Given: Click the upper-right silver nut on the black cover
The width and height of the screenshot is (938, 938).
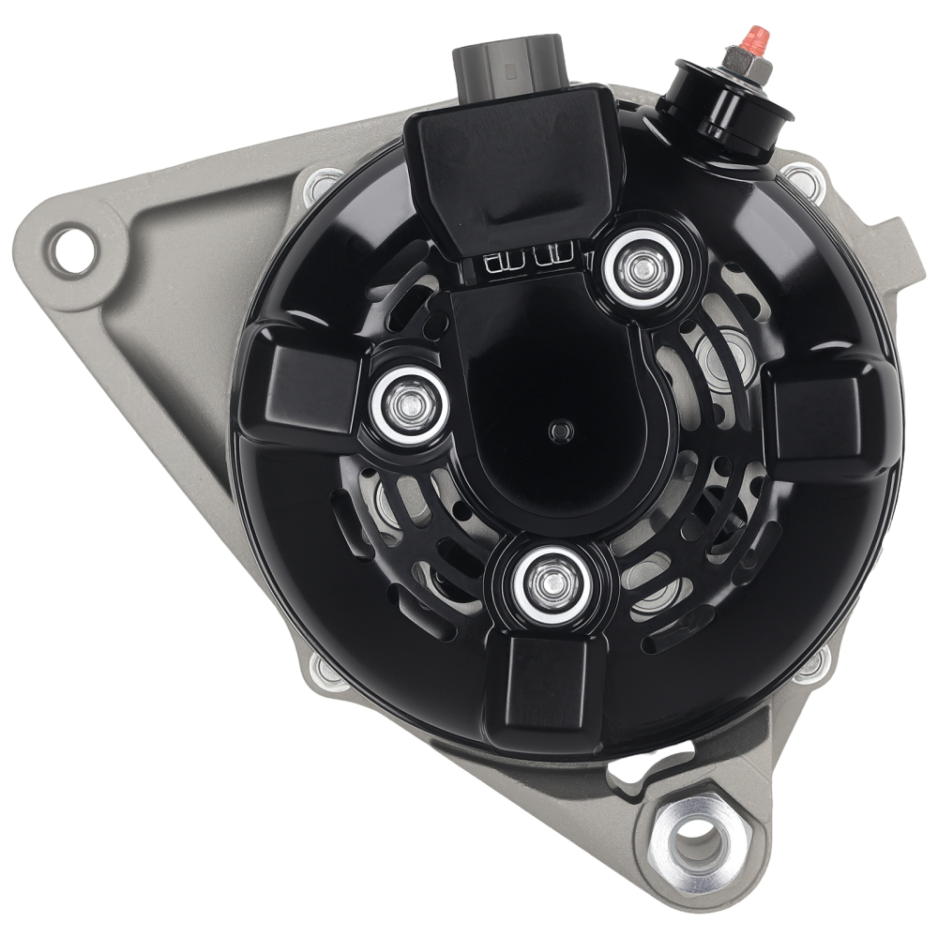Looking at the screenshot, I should [x=643, y=268].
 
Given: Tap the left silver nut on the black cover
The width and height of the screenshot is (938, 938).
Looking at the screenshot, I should [x=408, y=404].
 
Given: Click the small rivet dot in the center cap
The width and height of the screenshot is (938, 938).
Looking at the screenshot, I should [x=561, y=430].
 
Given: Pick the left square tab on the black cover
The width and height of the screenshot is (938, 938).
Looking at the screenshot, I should [x=299, y=386].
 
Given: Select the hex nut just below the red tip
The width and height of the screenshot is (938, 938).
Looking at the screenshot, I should [x=749, y=62].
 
